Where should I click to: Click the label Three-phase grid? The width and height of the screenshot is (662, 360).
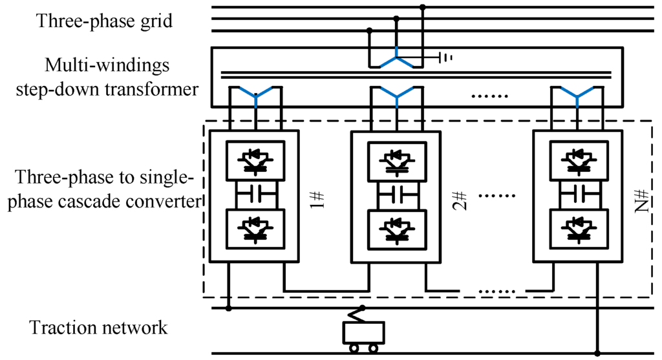[105, 21]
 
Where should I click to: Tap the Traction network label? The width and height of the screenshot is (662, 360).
[98, 328]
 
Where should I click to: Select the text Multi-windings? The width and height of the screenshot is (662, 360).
[107, 65]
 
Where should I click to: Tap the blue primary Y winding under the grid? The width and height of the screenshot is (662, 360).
[396, 61]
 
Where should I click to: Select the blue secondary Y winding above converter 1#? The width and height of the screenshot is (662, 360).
[256, 97]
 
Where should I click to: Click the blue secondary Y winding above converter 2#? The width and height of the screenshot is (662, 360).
[396, 97]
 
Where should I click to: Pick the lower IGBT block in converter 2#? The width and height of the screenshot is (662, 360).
[397, 228]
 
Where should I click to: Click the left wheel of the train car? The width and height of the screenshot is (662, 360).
[354, 348]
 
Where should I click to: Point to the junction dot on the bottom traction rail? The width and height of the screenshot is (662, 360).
[597, 354]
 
